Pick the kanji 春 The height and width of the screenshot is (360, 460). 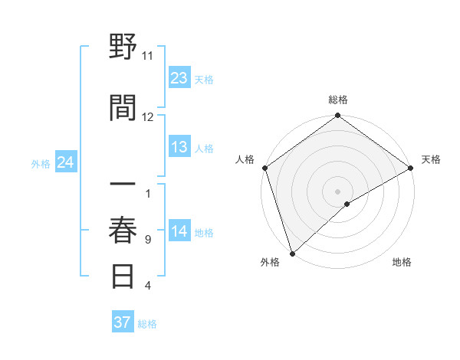(x=123, y=231)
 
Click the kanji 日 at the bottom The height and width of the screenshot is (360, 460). (x=123, y=276)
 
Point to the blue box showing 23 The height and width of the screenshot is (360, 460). (x=179, y=78)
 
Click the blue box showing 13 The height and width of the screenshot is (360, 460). (x=179, y=147)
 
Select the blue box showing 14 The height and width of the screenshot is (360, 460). (x=179, y=232)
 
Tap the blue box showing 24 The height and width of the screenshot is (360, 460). (x=66, y=163)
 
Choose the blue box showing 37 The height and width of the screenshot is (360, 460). (x=123, y=322)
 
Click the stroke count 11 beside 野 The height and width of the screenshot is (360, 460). (x=148, y=56)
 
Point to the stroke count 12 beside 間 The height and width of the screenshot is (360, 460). (x=148, y=117)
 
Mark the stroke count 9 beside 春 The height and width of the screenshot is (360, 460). (x=148, y=240)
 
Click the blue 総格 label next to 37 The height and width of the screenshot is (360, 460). (x=147, y=324)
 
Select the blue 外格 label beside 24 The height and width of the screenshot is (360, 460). (x=41, y=164)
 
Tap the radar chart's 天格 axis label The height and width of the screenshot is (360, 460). (x=431, y=159)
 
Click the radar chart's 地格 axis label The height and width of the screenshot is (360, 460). (x=402, y=262)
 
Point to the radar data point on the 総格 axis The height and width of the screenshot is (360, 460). (x=337, y=116)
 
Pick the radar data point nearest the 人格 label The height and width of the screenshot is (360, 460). (x=264, y=168)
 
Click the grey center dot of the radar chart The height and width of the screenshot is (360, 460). (x=337, y=191)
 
